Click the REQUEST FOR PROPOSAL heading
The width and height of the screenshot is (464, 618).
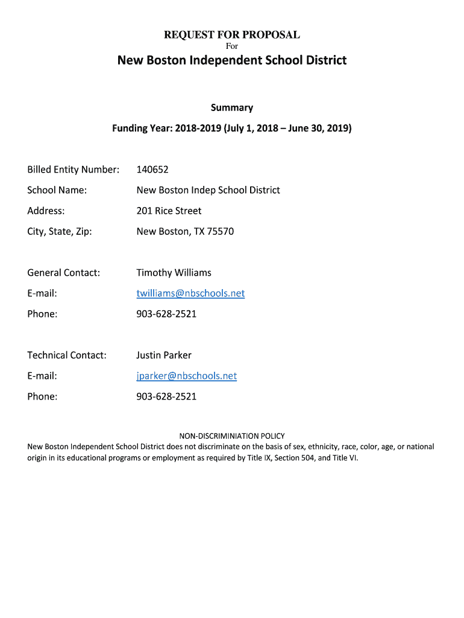point(232,35)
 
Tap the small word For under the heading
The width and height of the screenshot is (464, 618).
point(232,46)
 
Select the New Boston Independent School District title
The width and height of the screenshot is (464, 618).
point(232,60)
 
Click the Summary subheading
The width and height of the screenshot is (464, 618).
point(232,107)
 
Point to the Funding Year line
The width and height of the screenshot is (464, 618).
point(232,129)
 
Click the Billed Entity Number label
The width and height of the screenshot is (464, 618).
point(73,170)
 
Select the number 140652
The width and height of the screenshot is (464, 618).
point(152,170)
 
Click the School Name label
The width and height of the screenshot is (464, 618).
point(57,190)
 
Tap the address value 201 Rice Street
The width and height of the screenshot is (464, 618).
point(169,211)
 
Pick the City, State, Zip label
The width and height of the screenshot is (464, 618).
point(60,231)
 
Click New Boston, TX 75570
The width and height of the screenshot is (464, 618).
point(185,231)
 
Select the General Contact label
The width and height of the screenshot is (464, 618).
point(63,273)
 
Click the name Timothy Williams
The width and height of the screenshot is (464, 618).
point(174,273)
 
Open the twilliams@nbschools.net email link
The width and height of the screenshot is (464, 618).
point(190,293)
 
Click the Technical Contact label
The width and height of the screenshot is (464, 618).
point(66,355)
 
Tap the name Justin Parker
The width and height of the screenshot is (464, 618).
point(164,355)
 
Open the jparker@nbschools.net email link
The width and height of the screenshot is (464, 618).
point(186,376)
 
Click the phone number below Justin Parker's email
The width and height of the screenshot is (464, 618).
point(166,397)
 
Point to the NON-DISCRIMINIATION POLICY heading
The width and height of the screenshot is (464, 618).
point(232,436)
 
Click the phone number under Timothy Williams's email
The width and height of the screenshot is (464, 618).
point(166,314)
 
